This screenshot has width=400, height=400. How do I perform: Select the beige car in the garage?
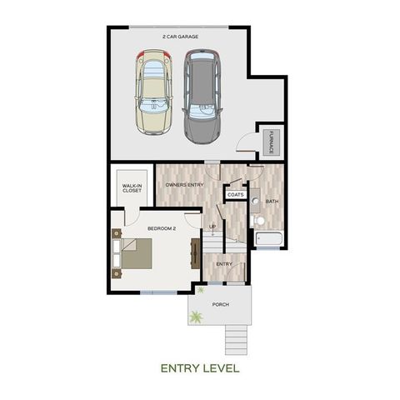(x=153, y=91)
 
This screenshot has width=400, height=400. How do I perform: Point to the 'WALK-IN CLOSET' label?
(x=132, y=187)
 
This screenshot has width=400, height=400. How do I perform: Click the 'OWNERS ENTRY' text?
(x=184, y=184)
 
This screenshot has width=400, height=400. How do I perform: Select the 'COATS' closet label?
(x=234, y=195)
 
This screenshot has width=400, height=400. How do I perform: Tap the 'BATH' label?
(x=272, y=202)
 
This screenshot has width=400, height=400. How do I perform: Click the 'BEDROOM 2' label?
(x=161, y=227)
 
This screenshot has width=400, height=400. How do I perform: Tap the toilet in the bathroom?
(x=257, y=220)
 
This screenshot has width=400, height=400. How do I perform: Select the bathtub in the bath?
(x=268, y=241)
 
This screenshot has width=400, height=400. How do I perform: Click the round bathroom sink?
(x=253, y=201)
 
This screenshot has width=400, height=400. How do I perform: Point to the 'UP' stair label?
(x=212, y=226)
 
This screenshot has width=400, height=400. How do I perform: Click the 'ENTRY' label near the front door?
(x=223, y=264)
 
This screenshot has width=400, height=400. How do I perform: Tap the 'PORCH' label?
(x=220, y=304)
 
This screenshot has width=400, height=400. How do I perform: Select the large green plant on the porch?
(x=197, y=316)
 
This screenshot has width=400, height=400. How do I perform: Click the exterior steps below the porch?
(x=237, y=337)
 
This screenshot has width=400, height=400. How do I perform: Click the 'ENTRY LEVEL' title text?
(x=200, y=367)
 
